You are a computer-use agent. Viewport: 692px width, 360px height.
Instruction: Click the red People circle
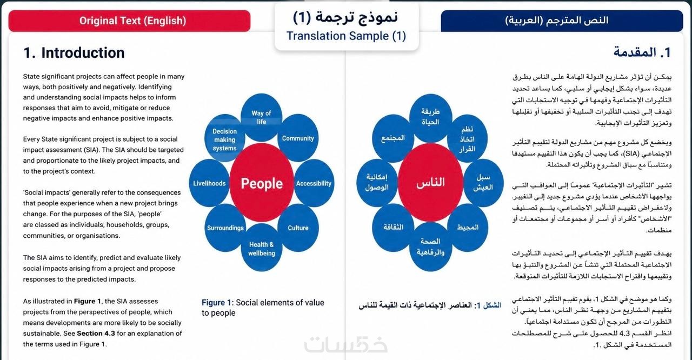point(262,183)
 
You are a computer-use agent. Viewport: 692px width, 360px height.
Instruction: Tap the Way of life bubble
point(261,117)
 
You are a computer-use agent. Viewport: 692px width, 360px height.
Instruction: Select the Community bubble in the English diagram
point(298,138)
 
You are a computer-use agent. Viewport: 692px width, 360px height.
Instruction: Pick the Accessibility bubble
point(314,183)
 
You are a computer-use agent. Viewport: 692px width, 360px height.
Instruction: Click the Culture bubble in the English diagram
point(298,228)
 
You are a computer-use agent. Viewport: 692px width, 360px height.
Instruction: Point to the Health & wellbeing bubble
point(261,248)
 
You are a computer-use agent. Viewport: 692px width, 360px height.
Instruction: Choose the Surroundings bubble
point(225,228)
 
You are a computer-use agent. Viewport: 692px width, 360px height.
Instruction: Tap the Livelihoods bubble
point(209,183)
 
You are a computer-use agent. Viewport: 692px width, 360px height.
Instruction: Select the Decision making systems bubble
point(224,138)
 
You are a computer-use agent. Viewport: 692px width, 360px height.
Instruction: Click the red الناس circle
point(430,182)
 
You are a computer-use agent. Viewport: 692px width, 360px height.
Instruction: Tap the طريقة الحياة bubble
point(430,117)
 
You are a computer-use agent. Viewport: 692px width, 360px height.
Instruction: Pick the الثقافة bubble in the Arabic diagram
point(393,227)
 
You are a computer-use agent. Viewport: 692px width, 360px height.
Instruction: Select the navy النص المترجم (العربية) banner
point(562,21)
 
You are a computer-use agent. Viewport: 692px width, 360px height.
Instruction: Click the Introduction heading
point(74,53)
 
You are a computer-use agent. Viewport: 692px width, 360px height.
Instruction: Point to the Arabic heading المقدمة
point(642,52)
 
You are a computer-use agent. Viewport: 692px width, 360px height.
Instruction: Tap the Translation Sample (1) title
point(346,36)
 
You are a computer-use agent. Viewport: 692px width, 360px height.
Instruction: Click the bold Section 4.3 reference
point(96,333)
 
